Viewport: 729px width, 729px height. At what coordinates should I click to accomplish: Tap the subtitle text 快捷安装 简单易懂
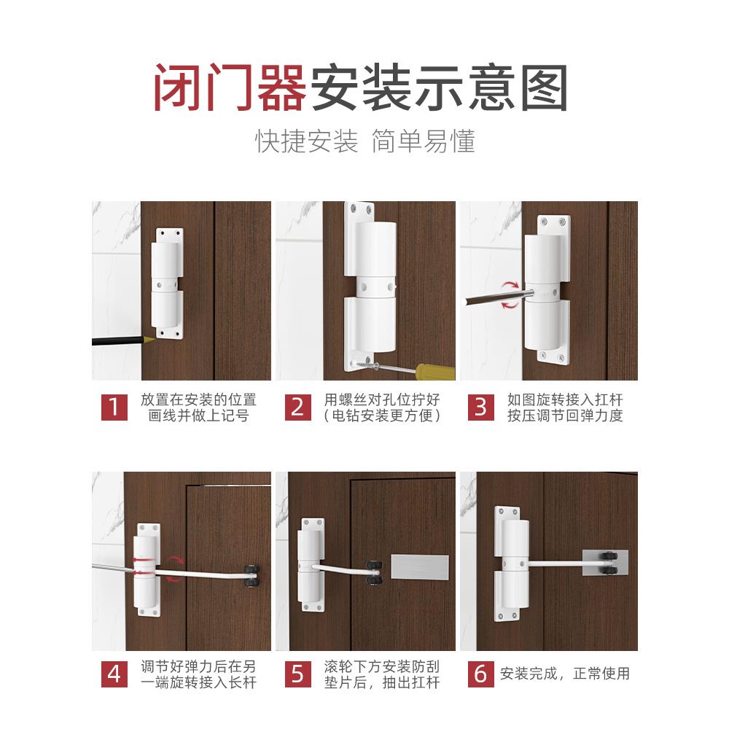pyautogui.click(x=364, y=141)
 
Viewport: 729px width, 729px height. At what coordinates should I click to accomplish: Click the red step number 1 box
pyautogui.click(x=114, y=407)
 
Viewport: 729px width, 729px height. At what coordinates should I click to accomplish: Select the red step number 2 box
pyautogui.click(x=297, y=407)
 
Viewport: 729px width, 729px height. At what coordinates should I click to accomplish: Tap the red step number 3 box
pyautogui.click(x=480, y=407)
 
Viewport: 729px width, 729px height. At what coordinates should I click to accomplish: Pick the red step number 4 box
pyautogui.click(x=114, y=674)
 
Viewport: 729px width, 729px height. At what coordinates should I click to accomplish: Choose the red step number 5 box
pyautogui.click(x=297, y=674)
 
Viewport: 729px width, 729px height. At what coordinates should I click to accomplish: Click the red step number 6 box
pyautogui.click(x=480, y=674)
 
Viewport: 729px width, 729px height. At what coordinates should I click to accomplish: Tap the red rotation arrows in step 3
pyautogui.click(x=510, y=294)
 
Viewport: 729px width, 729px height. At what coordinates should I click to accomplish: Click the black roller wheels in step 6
pyautogui.click(x=607, y=564)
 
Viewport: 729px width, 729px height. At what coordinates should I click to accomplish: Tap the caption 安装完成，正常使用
pyautogui.click(x=564, y=674)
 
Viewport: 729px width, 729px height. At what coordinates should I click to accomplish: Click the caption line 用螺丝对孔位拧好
pyautogui.click(x=383, y=399)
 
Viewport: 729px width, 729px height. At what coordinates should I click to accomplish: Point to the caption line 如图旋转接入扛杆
pyautogui.click(x=565, y=399)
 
